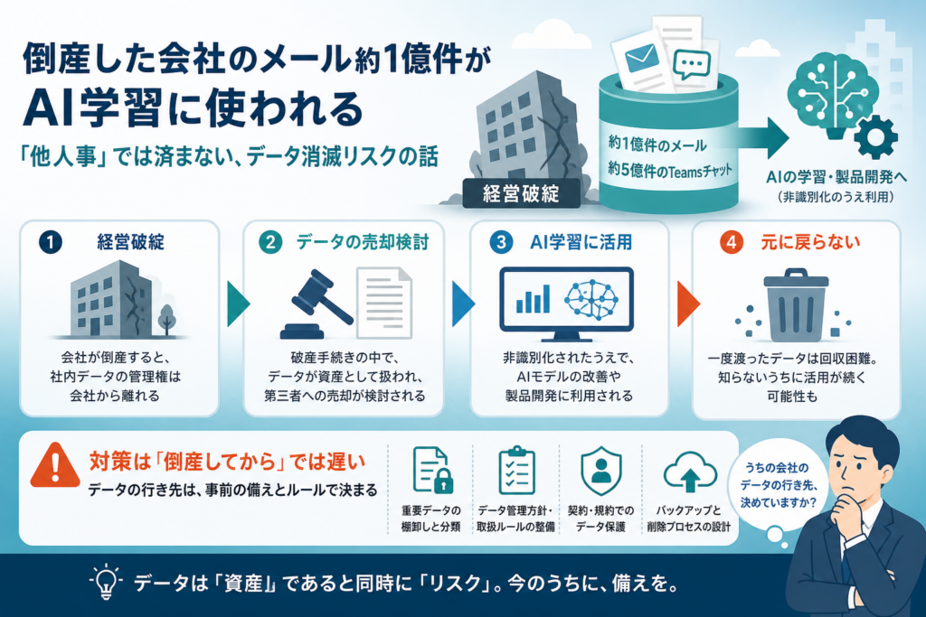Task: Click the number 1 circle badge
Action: (x=51, y=242)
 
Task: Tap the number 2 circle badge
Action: (x=270, y=242)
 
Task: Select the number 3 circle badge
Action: (x=501, y=242)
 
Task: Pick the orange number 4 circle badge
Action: (x=731, y=242)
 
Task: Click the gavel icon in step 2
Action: (x=316, y=304)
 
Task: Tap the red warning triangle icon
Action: (x=55, y=466)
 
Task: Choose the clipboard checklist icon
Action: (x=516, y=470)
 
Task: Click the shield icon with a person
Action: (x=601, y=470)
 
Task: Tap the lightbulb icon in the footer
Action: (x=106, y=582)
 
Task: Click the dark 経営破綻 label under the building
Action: (x=522, y=193)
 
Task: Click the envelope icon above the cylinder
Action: (x=641, y=59)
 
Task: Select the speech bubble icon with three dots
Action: (x=691, y=64)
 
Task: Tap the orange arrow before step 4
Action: (x=688, y=304)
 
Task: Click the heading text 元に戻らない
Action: (x=810, y=242)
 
